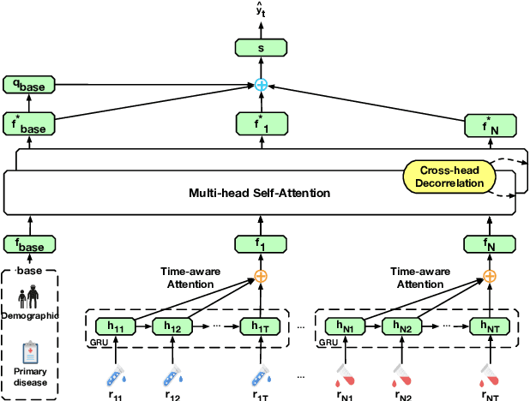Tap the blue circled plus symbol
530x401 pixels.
click(x=262, y=85)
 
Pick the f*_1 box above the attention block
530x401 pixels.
click(x=261, y=123)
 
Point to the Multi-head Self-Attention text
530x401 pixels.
click(x=259, y=193)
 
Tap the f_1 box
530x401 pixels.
click(x=261, y=244)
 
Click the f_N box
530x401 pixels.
click(x=490, y=244)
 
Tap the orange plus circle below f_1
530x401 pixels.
click(x=261, y=276)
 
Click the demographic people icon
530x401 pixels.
click(x=30, y=296)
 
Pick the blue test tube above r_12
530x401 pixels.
click(x=169, y=374)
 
